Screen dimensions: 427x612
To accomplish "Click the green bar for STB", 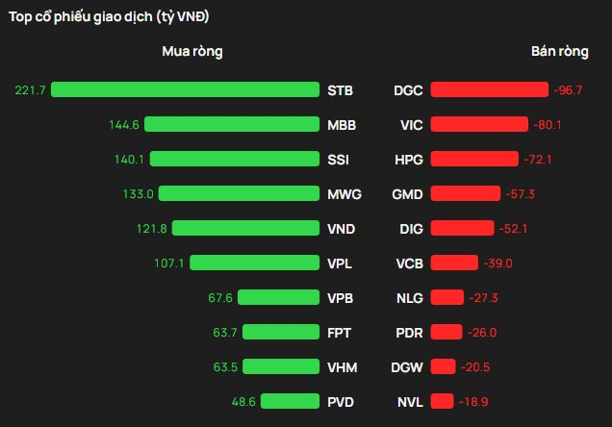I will point(185,89).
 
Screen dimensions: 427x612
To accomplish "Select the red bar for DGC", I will point(490,89).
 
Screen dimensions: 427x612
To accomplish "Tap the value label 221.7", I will point(31,89).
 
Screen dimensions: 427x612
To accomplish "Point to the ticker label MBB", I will point(341,124).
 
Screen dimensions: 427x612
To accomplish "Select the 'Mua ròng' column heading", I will point(192,52).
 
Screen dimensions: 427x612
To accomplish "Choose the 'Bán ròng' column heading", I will point(559,52).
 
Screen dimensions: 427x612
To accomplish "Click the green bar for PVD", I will point(289,401).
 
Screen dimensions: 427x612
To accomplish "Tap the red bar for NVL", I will point(442,401).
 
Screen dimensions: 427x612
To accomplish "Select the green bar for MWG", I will point(239,193).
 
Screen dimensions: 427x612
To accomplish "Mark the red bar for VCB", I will point(454,263).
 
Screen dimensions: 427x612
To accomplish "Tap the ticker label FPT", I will point(339,332).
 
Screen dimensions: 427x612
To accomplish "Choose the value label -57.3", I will point(520,193).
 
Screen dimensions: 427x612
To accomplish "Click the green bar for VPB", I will point(278,297).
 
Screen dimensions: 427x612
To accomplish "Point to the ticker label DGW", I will point(406,366).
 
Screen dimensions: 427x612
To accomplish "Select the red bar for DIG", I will point(462,228).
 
